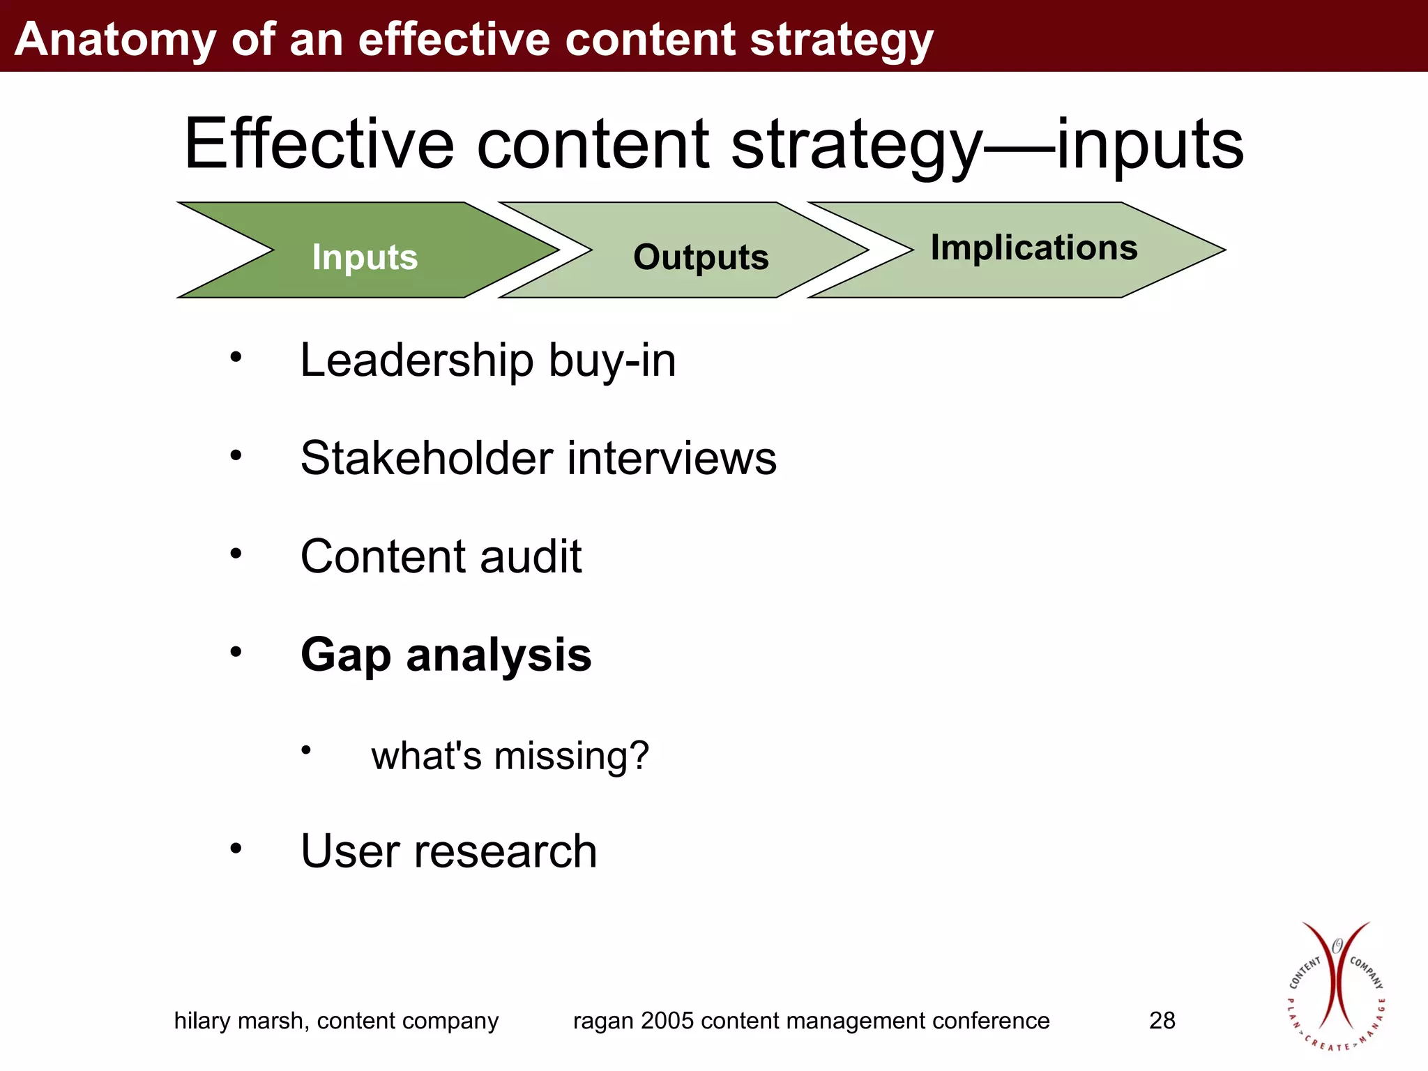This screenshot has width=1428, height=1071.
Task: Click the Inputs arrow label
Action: [x=365, y=257]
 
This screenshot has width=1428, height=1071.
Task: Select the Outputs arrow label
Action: [x=701, y=257]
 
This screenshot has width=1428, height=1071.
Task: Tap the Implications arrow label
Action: [x=1034, y=248]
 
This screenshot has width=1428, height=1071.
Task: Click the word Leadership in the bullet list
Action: [x=416, y=360]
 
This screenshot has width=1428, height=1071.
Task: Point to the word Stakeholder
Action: [x=427, y=459]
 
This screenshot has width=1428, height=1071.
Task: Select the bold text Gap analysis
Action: [x=446, y=655]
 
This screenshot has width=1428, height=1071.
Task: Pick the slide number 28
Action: [x=1162, y=1021]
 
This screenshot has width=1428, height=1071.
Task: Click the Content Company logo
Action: [x=1335, y=987]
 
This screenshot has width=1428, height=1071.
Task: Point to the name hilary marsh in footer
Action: [x=241, y=1021]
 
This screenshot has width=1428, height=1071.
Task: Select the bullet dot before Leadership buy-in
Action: [x=236, y=358]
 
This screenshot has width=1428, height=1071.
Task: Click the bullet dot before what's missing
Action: [x=305, y=750]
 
